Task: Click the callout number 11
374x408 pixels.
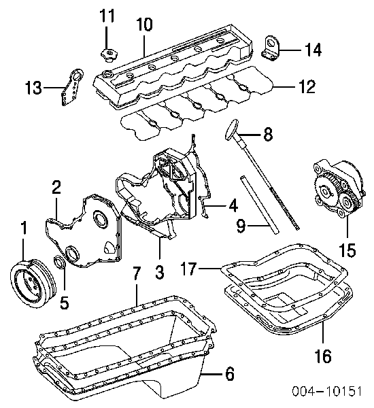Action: pyautogui.click(x=107, y=16)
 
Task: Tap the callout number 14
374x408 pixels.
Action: pyautogui.click(x=313, y=50)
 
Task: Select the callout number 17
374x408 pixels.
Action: pyautogui.click(x=188, y=269)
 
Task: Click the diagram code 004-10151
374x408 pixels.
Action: pyautogui.click(x=327, y=390)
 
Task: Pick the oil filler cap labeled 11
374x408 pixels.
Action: pyautogui.click(x=109, y=54)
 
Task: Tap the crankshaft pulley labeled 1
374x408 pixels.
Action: pyautogui.click(x=33, y=282)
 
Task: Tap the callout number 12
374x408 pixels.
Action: pyautogui.click(x=307, y=86)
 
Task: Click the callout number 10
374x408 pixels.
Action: pyautogui.click(x=144, y=24)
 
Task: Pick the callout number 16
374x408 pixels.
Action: pyautogui.click(x=323, y=356)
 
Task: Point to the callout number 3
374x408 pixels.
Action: pyautogui.click(x=159, y=272)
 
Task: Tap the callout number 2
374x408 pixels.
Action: pyautogui.click(x=56, y=188)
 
